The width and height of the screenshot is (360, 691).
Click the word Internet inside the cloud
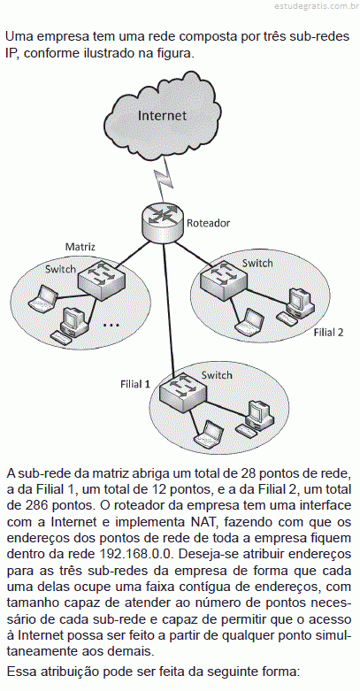tap(162, 116)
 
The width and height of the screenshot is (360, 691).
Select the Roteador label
tap(209, 223)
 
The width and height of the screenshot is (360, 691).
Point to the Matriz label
tap(80, 246)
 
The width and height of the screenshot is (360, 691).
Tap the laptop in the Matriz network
tap(42, 297)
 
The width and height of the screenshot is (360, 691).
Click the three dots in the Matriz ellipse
tap(111, 326)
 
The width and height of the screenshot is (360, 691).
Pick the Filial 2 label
tap(328, 333)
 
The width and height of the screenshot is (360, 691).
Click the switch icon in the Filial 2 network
tap(222, 276)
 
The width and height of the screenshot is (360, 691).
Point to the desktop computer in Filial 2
tap(296, 306)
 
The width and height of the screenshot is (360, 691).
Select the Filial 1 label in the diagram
tap(135, 384)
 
